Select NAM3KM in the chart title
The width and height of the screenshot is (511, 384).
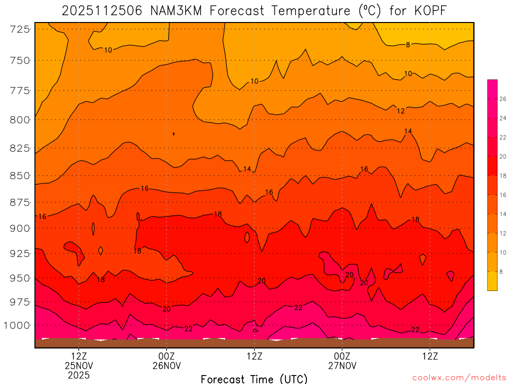pos(175,10)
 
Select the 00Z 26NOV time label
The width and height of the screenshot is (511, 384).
pos(166,361)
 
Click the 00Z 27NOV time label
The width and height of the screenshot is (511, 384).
pos(342,361)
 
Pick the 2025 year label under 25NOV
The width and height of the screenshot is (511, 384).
pos(79,375)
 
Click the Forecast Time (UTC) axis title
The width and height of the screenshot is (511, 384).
pos(254,378)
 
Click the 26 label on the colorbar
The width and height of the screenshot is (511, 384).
pos(503,99)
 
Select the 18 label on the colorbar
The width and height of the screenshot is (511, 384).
pos(503,176)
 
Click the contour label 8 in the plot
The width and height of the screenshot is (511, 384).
pos(408,45)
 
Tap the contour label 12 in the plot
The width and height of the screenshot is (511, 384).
pos(401,111)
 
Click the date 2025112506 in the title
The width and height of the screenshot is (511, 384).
pos(103,10)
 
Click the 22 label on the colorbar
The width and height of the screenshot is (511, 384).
pos(503,137)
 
